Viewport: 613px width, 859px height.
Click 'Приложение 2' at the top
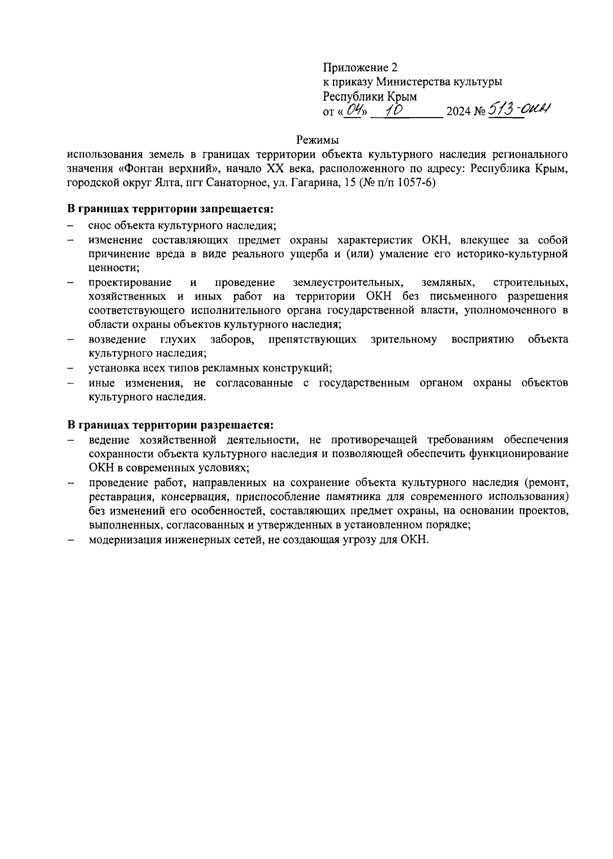coord(360,67)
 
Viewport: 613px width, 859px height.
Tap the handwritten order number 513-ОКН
coord(521,108)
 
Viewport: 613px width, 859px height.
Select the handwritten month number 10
coord(394,109)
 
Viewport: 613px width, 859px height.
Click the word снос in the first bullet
coord(99,225)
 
